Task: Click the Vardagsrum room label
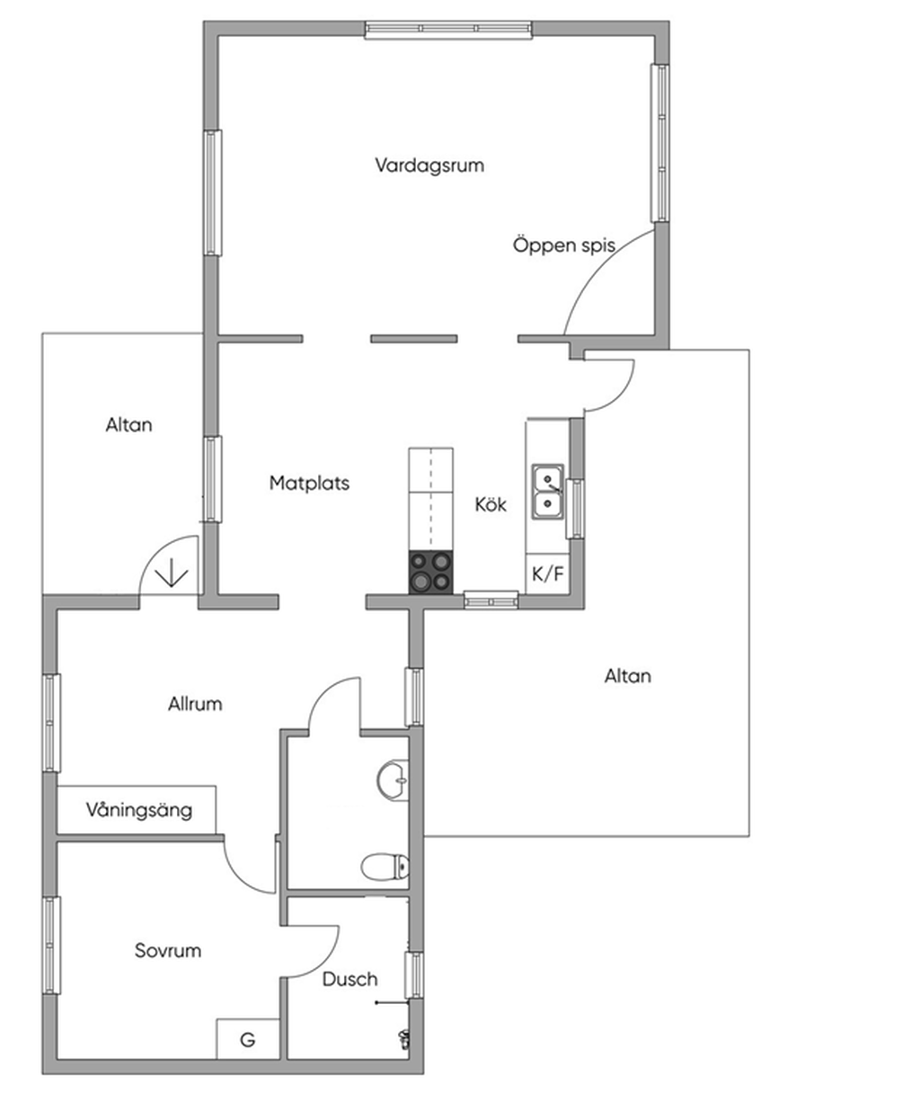click(429, 165)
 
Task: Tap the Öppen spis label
click(564, 244)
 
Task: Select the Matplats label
click(309, 484)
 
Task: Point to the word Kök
click(491, 505)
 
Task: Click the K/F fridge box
click(548, 574)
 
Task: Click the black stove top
click(430, 572)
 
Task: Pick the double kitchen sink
click(547, 492)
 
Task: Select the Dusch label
click(349, 980)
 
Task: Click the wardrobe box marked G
click(247, 1040)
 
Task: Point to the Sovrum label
click(168, 951)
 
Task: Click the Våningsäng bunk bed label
click(139, 810)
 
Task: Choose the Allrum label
click(195, 704)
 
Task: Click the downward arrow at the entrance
click(168, 573)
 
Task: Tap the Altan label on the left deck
click(128, 424)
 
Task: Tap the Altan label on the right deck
click(628, 676)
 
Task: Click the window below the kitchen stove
click(491, 599)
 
